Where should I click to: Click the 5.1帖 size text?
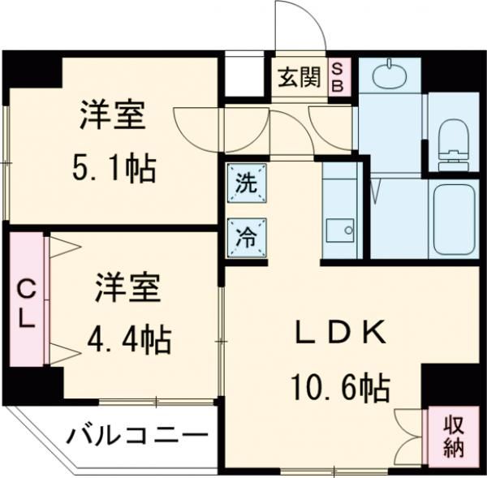[112, 170]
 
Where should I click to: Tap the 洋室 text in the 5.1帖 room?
[112, 116]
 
